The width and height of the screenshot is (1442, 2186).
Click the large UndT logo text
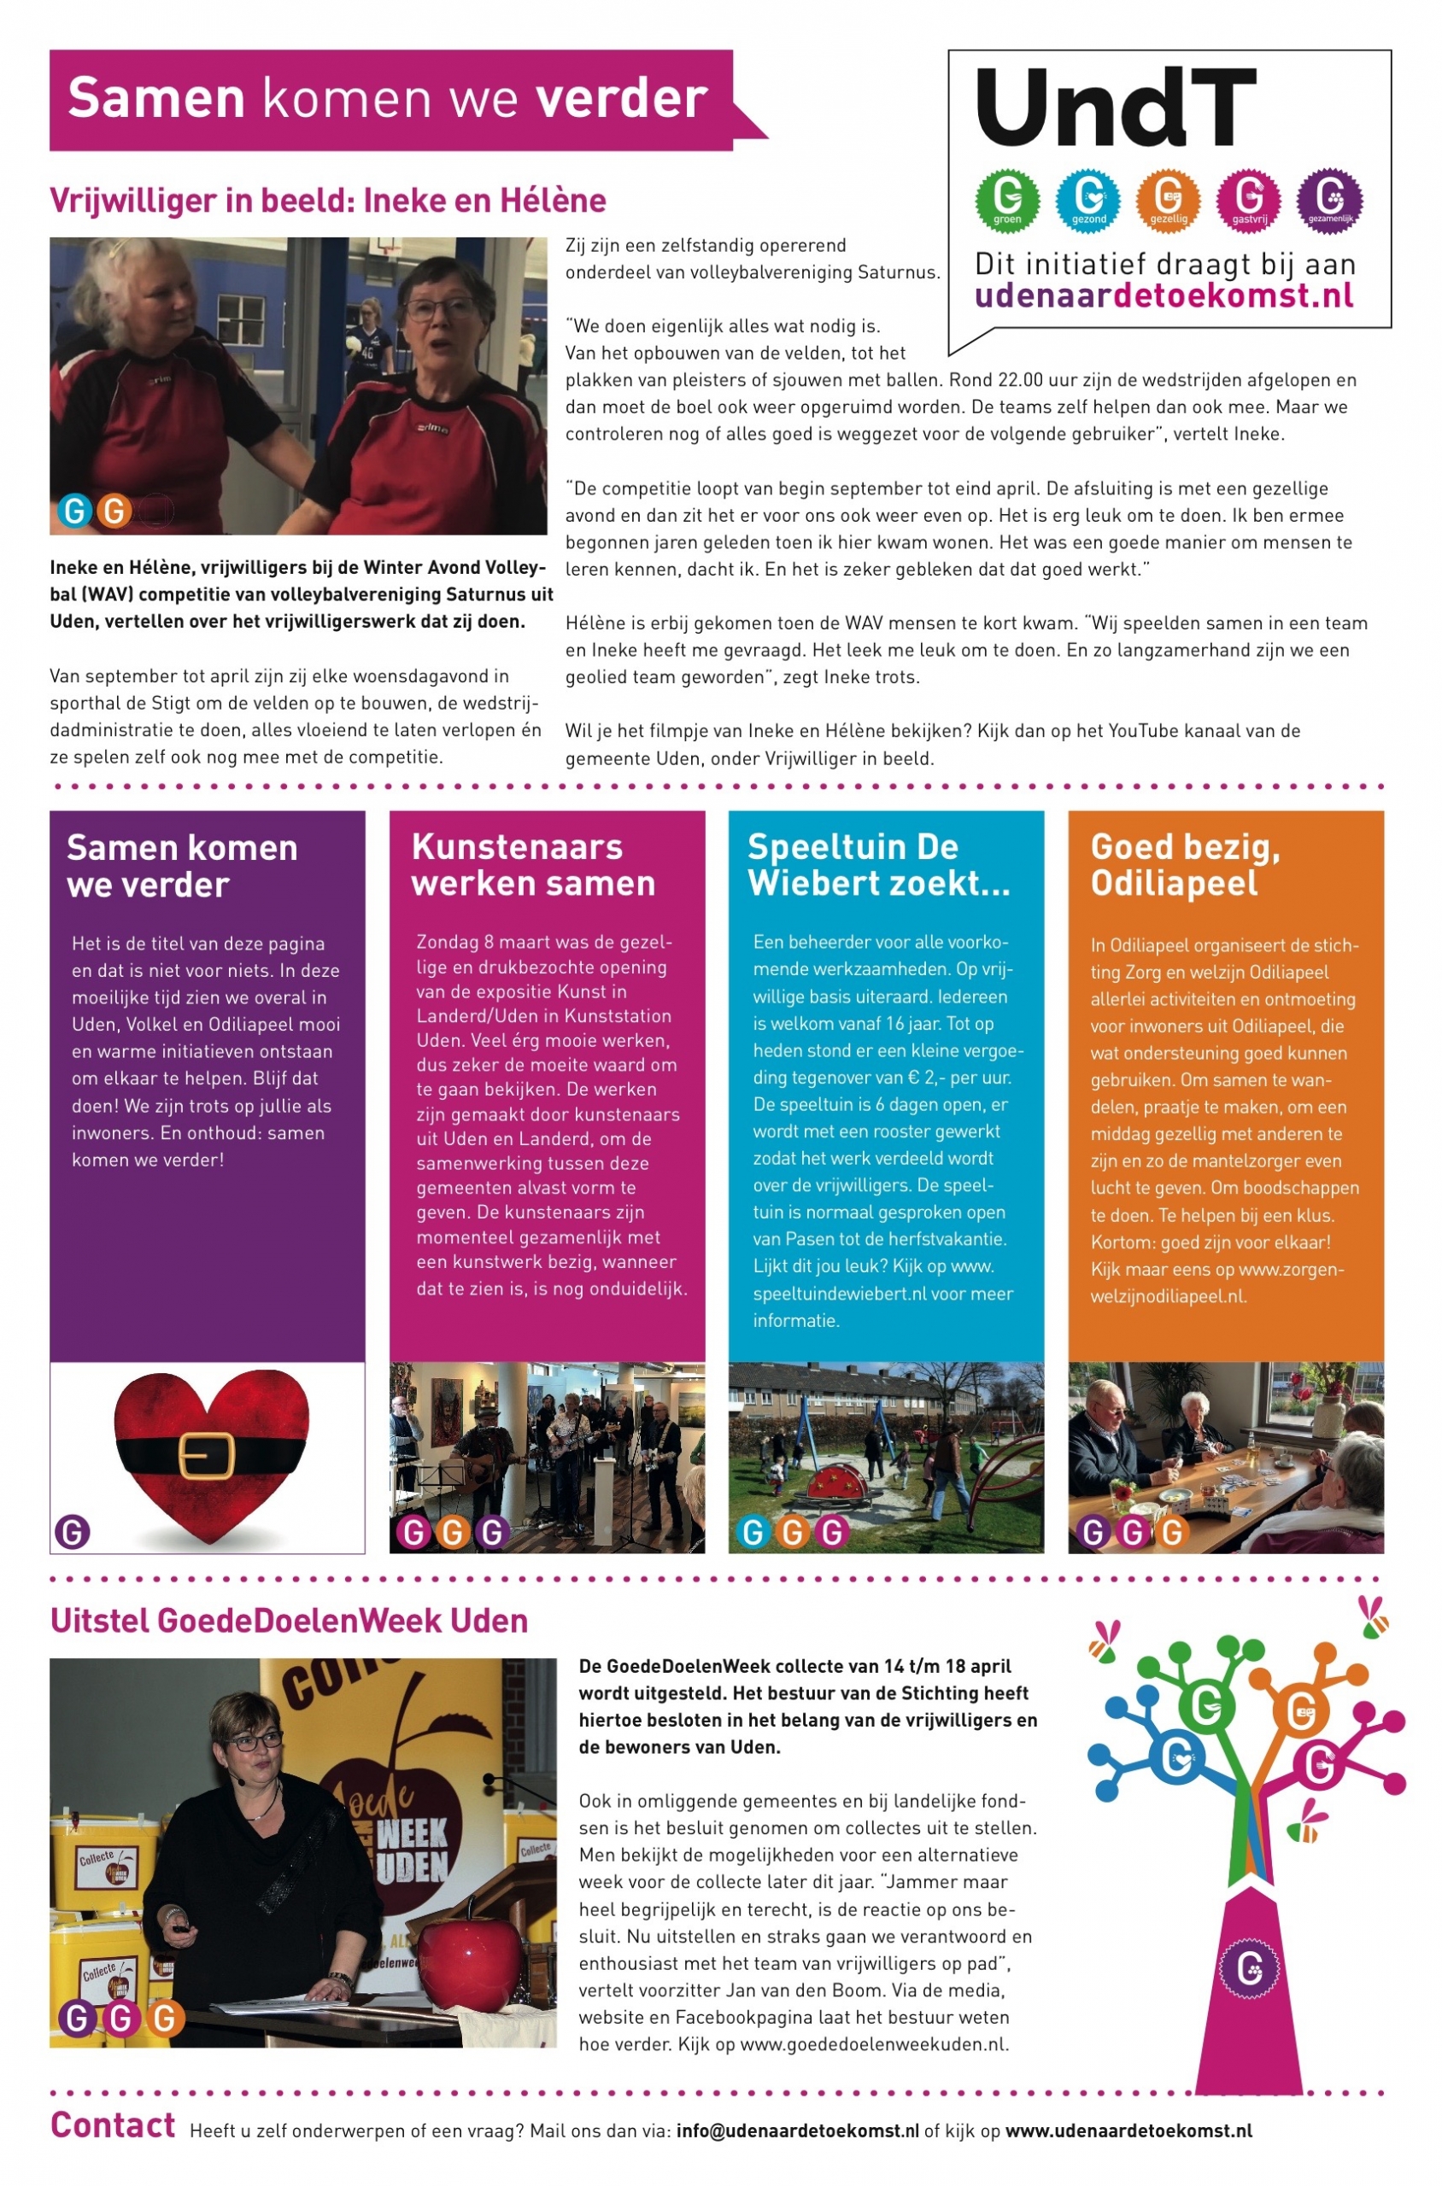[x=1115, y=108]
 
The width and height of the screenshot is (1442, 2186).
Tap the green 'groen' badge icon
[x=1007, y=197]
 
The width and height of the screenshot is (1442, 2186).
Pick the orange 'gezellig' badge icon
[x=1168, y=197]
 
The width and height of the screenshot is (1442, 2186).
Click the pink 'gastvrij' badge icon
[x=1249, y=197]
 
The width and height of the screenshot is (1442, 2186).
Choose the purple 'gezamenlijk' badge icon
[x=1329, y=197]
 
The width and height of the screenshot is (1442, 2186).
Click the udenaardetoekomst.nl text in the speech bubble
[x=1164, y=296]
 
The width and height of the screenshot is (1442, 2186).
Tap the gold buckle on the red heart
[x=206, y=1456]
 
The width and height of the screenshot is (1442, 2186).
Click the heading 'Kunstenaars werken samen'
[x=532, y=864]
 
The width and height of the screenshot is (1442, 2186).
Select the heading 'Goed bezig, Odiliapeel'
[x=1185, y=864]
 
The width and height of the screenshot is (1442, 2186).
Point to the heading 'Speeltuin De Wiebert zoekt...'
[x=878, y=864]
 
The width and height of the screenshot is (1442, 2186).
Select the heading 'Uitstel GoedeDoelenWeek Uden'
[x=289, y=1620]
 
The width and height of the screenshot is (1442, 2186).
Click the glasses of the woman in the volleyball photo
[x=440, y=309]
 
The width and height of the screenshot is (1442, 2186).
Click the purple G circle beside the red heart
[x=73, y=1532]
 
